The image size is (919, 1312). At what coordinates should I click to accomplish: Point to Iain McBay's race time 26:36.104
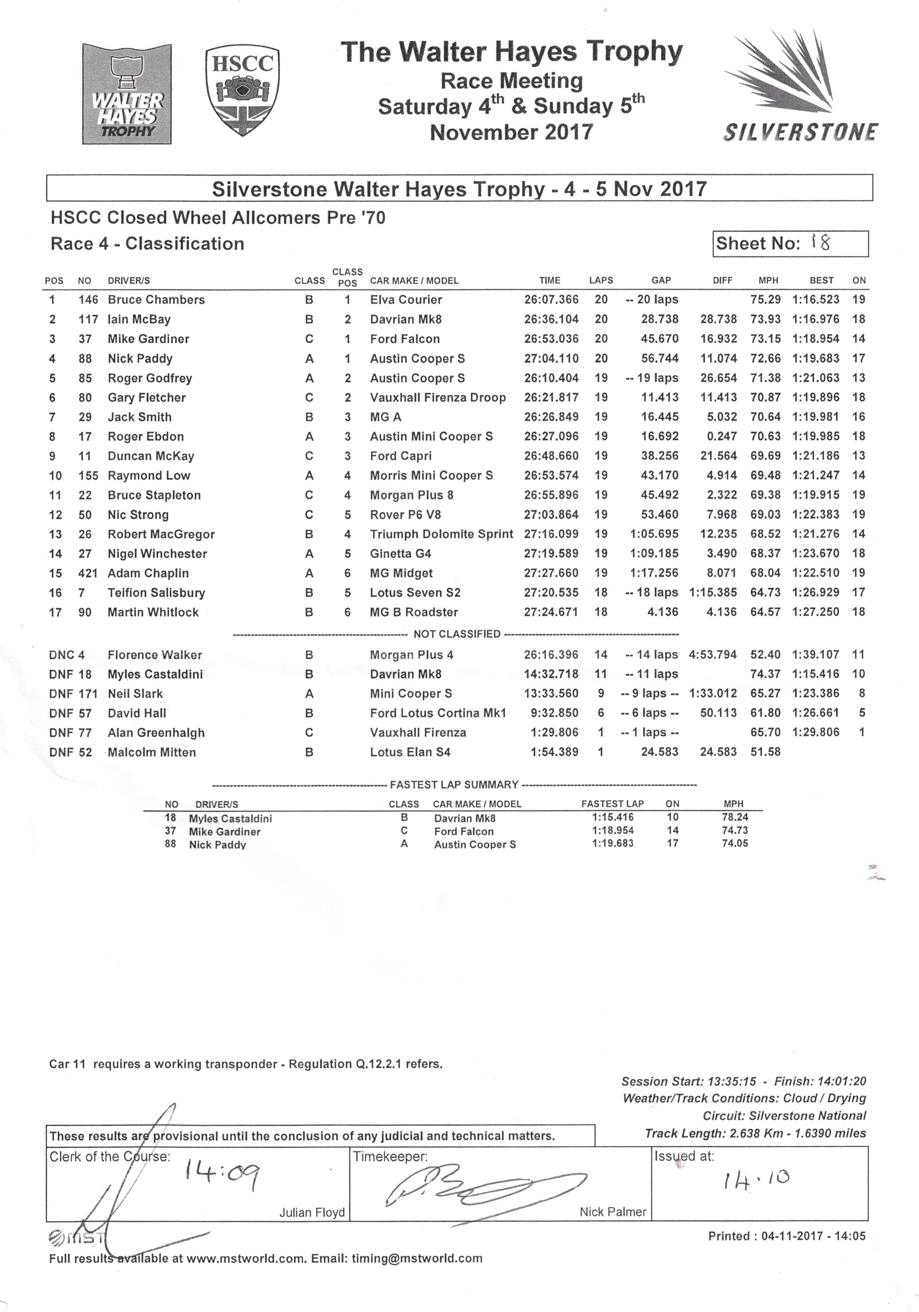(x=551, y=320)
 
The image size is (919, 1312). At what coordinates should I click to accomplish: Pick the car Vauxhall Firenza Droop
(x=438, y=398)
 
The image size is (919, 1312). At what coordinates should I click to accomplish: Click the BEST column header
(x=821, y=281)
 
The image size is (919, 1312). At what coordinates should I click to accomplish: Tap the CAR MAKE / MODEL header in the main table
(x=414, y=281)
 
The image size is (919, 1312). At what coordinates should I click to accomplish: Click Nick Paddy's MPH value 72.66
(x=765, y=359)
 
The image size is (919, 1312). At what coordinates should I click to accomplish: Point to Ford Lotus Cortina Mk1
(x=438, y=713)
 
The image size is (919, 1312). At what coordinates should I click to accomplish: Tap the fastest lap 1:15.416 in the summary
(x=613, y=818)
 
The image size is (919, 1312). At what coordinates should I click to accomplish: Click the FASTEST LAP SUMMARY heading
(x=454, y=784)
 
